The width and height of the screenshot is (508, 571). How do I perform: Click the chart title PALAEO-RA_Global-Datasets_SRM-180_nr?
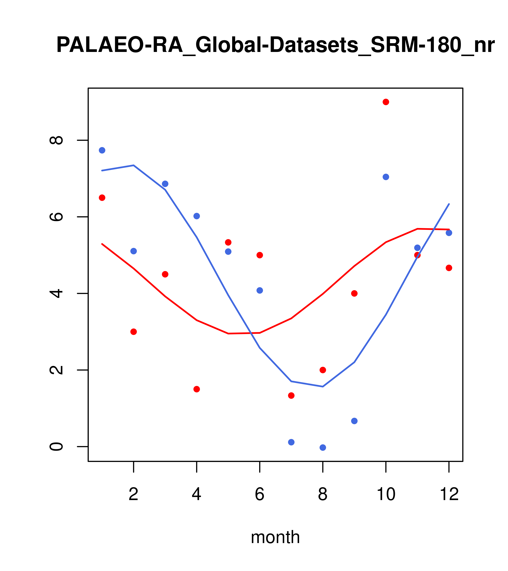(275, 45)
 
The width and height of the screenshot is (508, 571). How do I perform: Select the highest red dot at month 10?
(386, 102)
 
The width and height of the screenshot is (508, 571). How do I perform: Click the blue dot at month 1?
(102, 150)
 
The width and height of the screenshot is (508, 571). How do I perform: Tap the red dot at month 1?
(102, 198)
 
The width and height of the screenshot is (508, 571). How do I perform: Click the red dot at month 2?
(134, 332)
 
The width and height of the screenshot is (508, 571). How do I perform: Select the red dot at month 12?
(449, 268)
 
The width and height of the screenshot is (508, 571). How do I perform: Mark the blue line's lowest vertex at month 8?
(323, 387)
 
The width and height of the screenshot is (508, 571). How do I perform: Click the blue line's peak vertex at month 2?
(134, 165)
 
